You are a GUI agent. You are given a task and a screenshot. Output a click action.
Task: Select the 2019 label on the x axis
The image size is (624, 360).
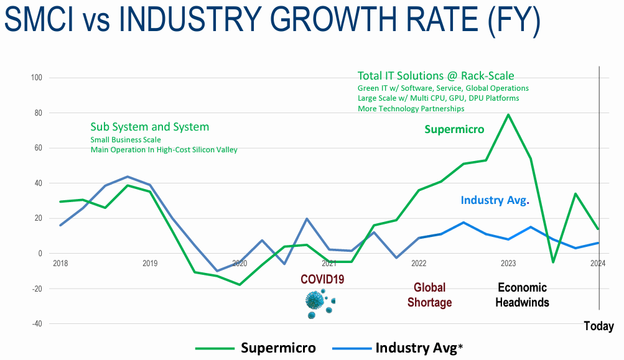tap(150, 264)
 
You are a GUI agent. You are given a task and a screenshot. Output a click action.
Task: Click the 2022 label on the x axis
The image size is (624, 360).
tap(419, 264)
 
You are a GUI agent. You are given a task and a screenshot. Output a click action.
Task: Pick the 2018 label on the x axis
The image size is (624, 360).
tap(60, 264)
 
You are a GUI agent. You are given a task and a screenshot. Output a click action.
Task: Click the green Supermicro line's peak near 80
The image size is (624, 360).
tap(508, 114)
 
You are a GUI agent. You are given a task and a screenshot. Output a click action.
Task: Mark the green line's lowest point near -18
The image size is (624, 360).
tap(240, 284)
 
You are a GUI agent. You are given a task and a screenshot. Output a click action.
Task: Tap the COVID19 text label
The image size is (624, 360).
tap(322, 279)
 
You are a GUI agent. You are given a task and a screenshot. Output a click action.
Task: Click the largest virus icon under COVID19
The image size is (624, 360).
tap(315, 301)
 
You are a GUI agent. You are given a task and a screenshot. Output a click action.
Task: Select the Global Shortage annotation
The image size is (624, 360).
tap(429, 295)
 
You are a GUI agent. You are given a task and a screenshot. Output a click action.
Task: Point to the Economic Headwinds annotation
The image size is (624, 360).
tap(522, 295)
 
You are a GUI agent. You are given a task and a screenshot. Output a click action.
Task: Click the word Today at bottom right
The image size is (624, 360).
tap(598, 326)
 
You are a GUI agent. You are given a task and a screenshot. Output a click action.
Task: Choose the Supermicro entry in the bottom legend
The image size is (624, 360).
tap(278, 348)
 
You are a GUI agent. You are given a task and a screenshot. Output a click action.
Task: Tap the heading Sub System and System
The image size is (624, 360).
tap(149, 127)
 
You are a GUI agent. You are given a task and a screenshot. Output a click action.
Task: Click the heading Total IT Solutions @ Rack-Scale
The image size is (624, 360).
tap(435, 76)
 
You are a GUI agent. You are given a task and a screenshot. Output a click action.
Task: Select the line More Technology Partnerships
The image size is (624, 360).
tap(411, 109)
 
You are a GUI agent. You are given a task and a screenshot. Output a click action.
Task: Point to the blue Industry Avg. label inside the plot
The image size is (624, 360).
tap(495, 200)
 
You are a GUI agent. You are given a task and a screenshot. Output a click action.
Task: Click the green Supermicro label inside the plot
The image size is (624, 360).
tap(454, 129)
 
